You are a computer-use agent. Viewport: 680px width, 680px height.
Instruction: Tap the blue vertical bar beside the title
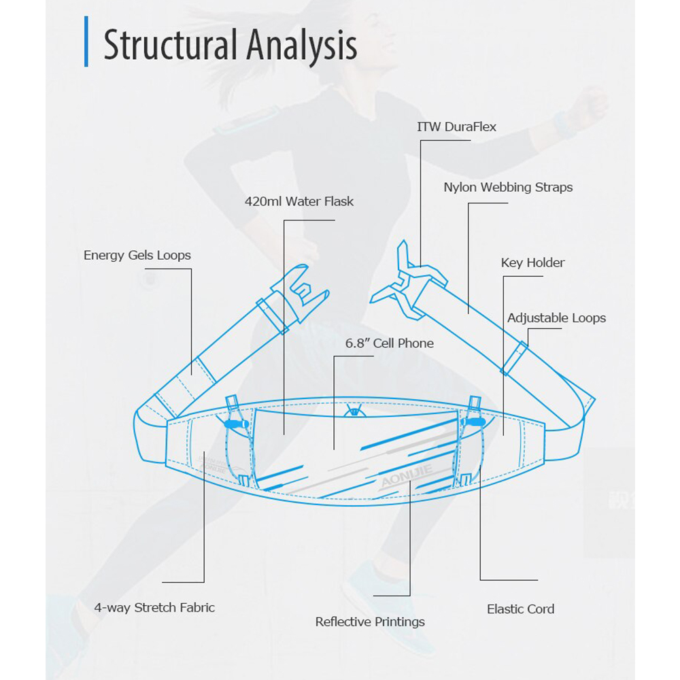tap(86, 42)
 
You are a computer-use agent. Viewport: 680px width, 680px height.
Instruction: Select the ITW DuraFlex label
tap(457, 126)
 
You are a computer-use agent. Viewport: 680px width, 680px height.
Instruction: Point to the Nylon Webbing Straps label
tap(508, 187)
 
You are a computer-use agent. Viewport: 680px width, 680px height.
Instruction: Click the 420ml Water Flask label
tap(299, 201)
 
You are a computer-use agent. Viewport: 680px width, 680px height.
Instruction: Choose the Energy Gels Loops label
tap(137, 256)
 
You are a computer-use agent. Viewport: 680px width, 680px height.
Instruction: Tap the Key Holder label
tap(532, 262)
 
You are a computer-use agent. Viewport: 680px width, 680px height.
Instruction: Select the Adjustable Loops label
tap(556, 318)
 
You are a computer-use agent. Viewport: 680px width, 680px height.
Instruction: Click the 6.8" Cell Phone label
tap(389, 343)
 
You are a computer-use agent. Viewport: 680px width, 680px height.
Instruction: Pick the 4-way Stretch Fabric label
tap(154, 607)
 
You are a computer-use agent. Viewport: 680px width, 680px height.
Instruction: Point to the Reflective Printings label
tap(370, 622)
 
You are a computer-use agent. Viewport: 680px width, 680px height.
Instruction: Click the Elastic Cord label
tap(520, 609)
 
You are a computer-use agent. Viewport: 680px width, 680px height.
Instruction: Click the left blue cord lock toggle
tap(235, 424)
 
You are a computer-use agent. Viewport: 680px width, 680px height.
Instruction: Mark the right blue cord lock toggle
tap(471, 422)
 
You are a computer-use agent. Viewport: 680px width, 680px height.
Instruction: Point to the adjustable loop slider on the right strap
tap(514, 358)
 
